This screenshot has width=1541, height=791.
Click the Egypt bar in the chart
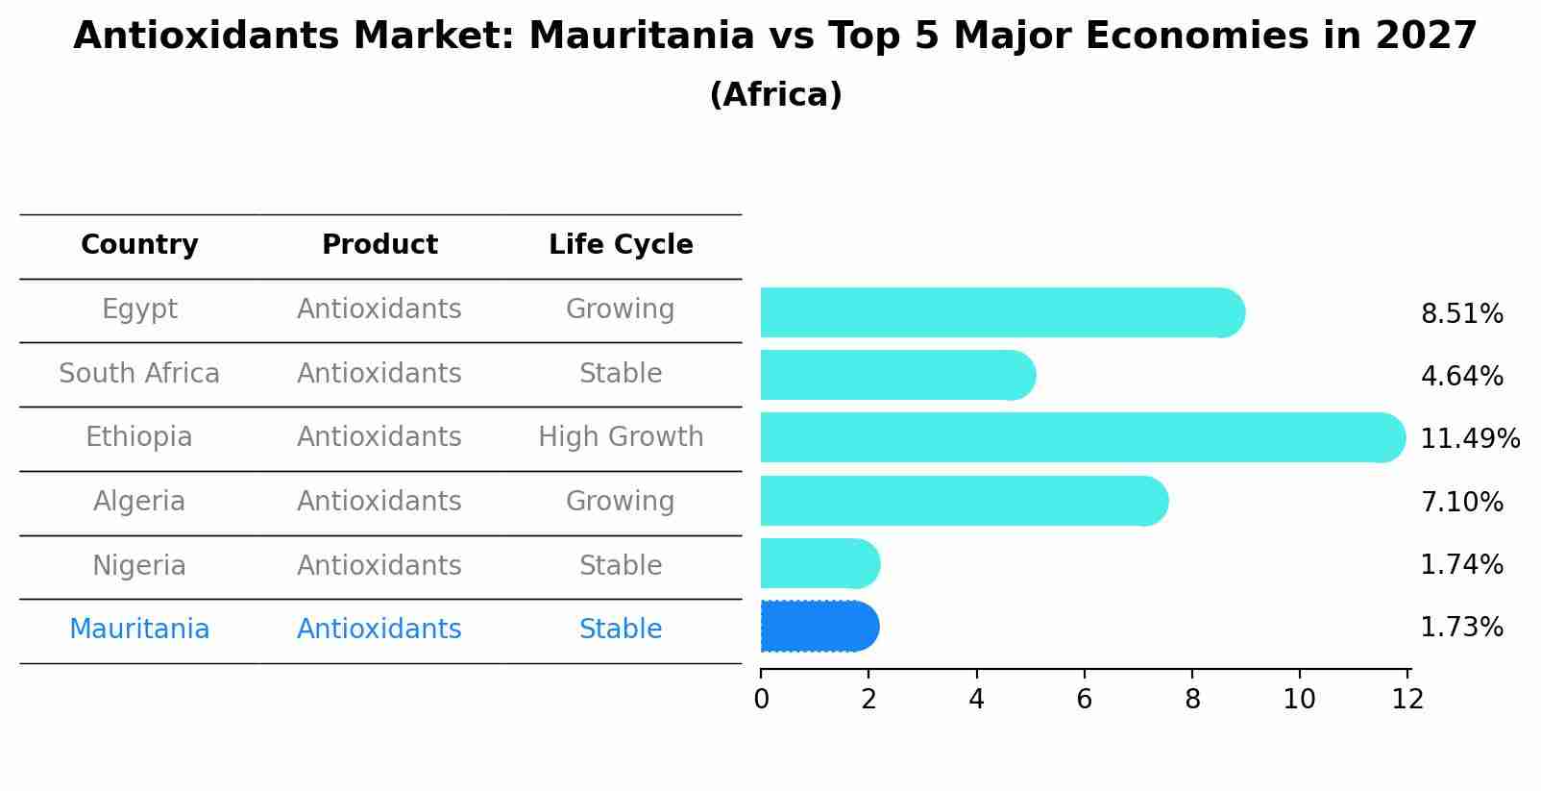tap(999, 312)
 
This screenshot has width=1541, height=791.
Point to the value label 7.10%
tap(1461, 502)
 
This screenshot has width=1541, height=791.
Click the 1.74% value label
tap(1461, 564)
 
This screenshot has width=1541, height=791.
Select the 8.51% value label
tap(1461, 314)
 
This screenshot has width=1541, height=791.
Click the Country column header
tap(139, 245)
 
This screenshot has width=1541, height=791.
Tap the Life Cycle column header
tap(621, 245)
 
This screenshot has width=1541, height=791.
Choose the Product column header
tap(379, 245)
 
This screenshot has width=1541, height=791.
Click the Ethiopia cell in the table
tap(139, 437)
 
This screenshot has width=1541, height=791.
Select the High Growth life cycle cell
tap(621, 437)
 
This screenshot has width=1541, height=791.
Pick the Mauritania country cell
tap(139, 630)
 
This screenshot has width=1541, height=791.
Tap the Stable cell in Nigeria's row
tap(621, 565)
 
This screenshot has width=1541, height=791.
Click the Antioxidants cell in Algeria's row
tap(379, 502)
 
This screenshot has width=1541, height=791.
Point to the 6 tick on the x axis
tap(1085, 699)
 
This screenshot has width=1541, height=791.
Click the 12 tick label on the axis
tap(1407, 699)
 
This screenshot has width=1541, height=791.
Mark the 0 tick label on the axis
tap(761, 699)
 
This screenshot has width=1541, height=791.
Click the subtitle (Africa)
tap(775, 95)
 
